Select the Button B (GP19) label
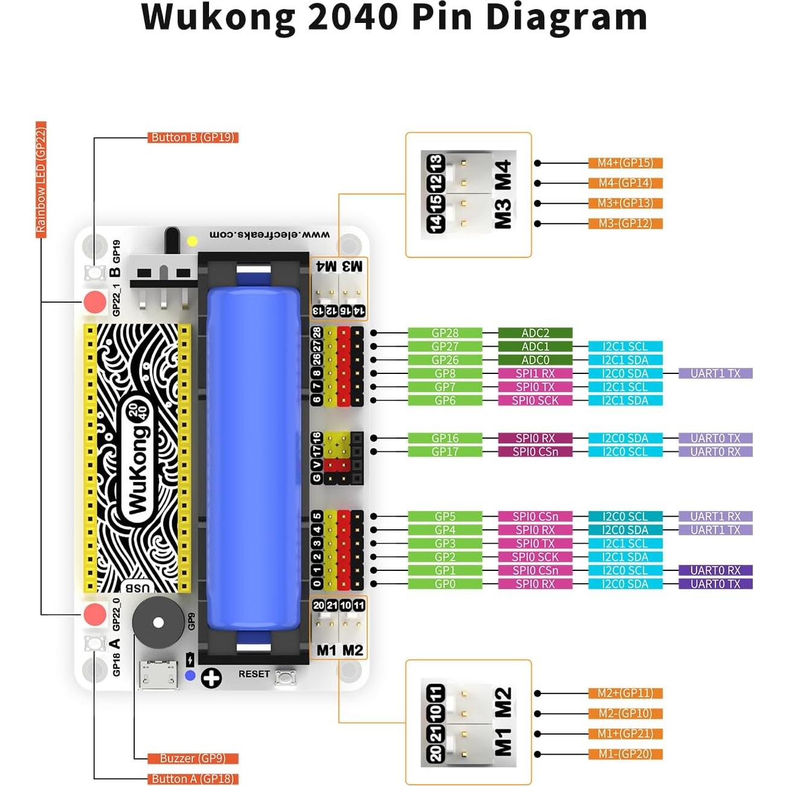point(193,138)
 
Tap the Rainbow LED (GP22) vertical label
point(40,179)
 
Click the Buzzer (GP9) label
point(193,758)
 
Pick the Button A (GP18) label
point(193,779)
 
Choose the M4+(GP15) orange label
point(625,163)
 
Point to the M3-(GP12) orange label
point(625,224)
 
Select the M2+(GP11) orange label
point(625,694)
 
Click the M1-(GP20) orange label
point(625,754)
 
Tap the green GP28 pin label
point(445,333)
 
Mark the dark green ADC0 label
point(535,360)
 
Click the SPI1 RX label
point(535,373)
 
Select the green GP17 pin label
point(445,452)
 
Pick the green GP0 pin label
point(445,584)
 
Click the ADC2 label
point(535,333)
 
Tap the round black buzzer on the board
point(158,623)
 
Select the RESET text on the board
point(254,674)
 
